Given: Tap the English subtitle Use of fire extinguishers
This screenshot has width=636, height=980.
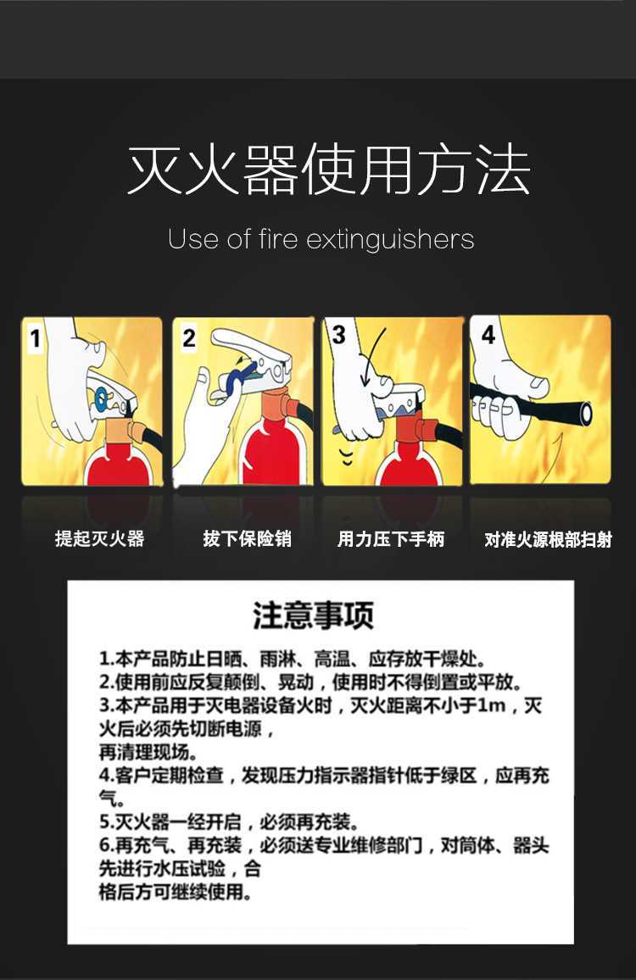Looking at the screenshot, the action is (321, 239).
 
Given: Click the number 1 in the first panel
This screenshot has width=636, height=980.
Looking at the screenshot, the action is (35, 338).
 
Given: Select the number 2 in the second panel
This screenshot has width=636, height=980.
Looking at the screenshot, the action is (189, 338).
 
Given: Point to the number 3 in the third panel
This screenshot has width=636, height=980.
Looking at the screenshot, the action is (339, 334).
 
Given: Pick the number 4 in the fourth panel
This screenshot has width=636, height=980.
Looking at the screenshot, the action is (488, 335).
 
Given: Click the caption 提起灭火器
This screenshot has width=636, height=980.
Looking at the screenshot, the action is (99, 538).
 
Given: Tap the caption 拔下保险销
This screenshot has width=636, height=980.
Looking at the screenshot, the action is (247, 538).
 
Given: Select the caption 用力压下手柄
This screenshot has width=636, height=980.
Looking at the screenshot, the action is (391, 539).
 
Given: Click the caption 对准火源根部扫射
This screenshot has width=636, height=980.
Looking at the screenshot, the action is (548, 539).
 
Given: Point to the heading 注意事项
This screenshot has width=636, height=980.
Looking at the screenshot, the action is (313, 615).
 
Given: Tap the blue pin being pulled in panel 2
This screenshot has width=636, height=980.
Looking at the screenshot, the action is (240, 378).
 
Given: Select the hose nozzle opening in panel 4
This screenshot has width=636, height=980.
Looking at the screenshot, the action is (587, 412).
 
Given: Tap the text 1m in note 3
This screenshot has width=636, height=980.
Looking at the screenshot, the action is (491, 705).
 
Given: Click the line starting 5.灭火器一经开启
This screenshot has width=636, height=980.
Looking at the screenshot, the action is (230, 821).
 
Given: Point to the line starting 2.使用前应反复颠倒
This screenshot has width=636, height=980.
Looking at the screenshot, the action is (311, 682).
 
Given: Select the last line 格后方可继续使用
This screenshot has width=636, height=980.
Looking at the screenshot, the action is (176, 892).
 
